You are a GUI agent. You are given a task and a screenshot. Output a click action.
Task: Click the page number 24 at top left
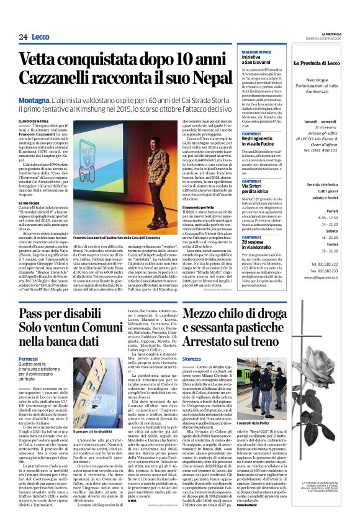[x=22, y=37]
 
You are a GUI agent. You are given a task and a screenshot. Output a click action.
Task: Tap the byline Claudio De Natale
[x=35, y=122]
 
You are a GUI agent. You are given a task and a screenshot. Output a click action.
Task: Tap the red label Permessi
[x=29, y=359]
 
